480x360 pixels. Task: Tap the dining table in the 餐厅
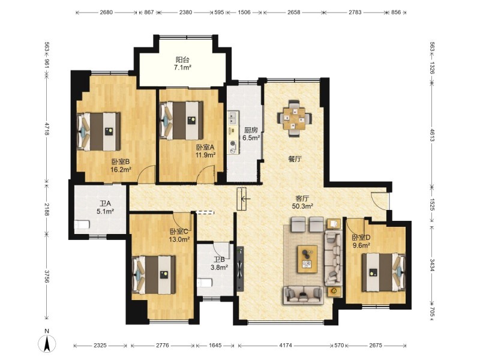(x=295, y=118)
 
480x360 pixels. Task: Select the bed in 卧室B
(x=98, y=131)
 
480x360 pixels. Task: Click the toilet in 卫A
(x=82, y=224)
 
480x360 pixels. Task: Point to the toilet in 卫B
(x=205, y=283)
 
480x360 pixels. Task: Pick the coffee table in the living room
(x=307, y=259)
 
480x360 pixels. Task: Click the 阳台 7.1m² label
(x=182, y=64)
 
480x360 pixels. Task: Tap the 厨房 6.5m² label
(x=251, y=134)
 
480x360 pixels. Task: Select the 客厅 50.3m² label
(x=302, y=202)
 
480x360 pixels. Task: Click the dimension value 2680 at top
(x=106, y=13)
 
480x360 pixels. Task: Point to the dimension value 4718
(x=47, y=129)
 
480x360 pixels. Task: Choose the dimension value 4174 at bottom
(x=286, y=346)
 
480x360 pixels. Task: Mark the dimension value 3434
(x=431, y=265)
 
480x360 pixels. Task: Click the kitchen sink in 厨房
(x=233, y=118)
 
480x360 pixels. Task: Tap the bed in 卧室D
(x=384, y=272)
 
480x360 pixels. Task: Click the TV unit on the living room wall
(x=240, y=269)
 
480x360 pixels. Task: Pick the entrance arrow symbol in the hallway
(x=245, y=199)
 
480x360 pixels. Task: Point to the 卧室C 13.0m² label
(x=180, y=235)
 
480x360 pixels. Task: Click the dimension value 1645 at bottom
(x=215, y=346)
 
